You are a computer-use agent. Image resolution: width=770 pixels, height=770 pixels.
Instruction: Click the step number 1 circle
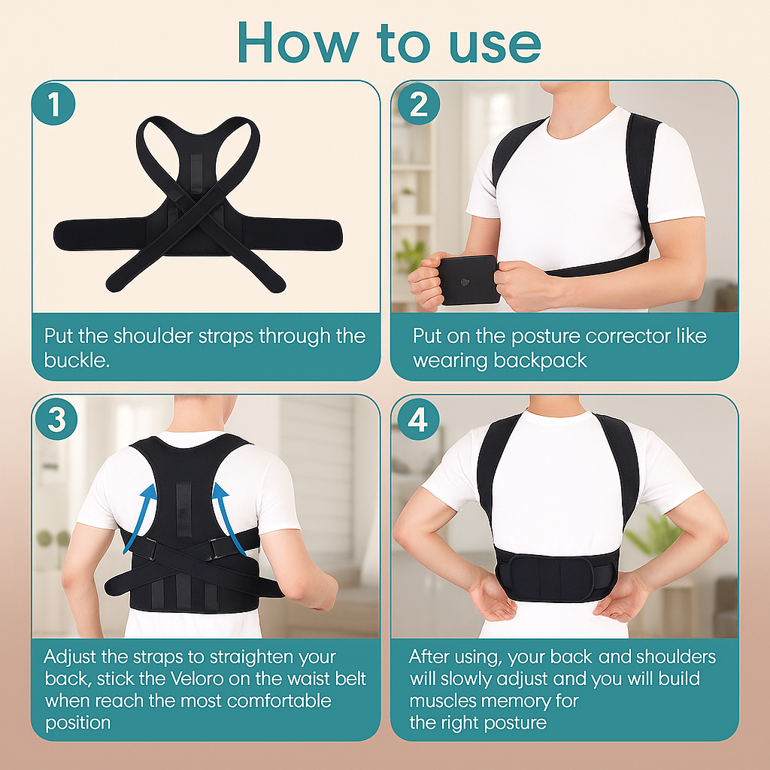click(54, 105)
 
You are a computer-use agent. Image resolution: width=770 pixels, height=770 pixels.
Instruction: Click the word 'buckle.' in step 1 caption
click(77, 359)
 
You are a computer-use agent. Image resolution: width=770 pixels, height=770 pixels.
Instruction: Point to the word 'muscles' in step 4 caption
click(444, 701)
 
